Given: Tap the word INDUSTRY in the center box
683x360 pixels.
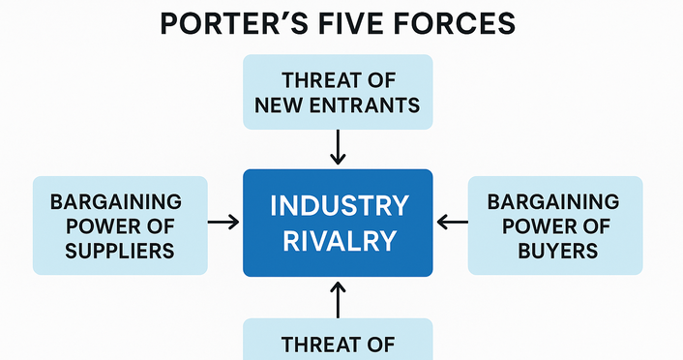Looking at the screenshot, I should click(x=338, y=206).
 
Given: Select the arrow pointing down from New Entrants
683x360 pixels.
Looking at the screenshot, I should click(x=338, y=148).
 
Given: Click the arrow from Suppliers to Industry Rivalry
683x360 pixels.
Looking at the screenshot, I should click(x=223, y=223).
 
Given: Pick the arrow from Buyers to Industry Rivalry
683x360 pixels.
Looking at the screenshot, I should click(x=451, y=223).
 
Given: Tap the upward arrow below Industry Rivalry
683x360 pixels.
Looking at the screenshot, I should click(x=338, y=299).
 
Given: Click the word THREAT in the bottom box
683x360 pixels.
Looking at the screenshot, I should click(x=338, y=344).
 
